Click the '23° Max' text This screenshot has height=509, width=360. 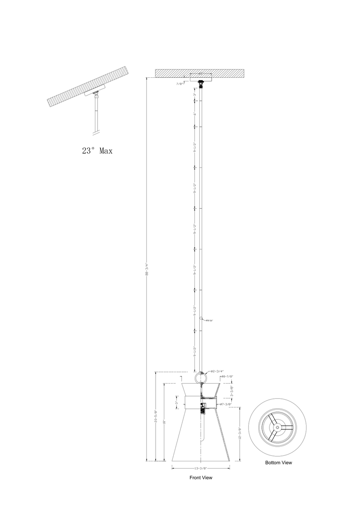point(97,151)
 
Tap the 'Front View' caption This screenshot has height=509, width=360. point(201,478)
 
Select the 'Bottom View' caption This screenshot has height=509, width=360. point(278,462)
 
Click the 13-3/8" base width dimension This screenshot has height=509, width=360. point(201,468)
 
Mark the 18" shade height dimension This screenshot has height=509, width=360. point(165,422)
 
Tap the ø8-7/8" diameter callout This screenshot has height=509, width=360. point(227,376)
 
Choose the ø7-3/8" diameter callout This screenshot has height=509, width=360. point(225,404)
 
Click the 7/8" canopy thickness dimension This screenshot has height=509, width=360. point(180,84)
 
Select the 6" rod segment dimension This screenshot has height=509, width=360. point(195,115)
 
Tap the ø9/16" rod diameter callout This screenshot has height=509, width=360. point(208,320)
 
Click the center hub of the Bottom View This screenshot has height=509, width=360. point(278,427)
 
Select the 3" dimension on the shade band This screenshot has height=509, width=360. point(176,403)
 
